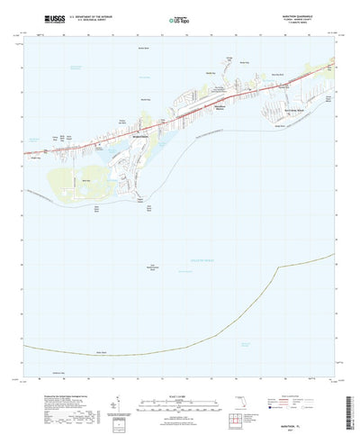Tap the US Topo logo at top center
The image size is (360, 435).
(179, 18)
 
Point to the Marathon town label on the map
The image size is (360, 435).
(143, 138)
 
